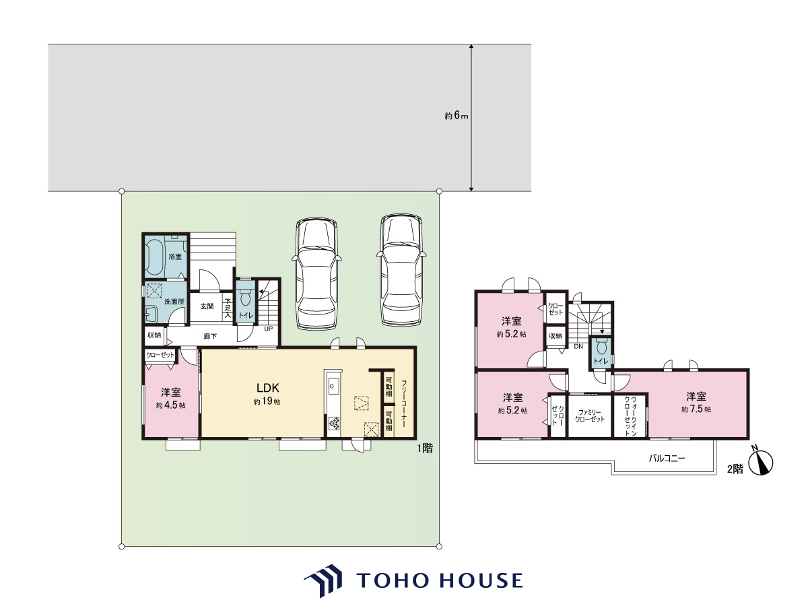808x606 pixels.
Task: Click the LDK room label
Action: pyautogui.click(x=267, y=388)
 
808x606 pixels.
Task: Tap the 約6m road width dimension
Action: pyautogui.click(x=457, y=116)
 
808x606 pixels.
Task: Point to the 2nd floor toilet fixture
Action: pyautogui.click(x=601, y=347)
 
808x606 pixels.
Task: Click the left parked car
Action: pyautogui.click(x=316, y=274)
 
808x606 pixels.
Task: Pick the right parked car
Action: pyautogui.click(x=401, y=271)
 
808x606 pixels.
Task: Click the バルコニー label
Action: pyautogui.click(x=667, y=459)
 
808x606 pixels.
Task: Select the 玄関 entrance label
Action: pyautogui.click(x=207, y=306)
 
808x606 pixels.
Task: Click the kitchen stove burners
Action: pyautogui.click(x=335, y=423)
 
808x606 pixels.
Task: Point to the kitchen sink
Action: pyautogui.click(x=333, y=386)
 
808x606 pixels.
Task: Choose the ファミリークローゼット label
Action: pyautogui.click(x=590, y=416)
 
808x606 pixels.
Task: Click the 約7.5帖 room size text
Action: pyautogui.click(x=696, y=409)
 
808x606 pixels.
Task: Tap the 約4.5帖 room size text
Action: pyautogui.click(x=170, y=405)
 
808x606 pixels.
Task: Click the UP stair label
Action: pyautogui.click(x=269, y=329)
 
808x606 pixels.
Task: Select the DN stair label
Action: pyautogui.click(x=578, y=346)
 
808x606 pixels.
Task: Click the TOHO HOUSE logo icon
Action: pyautogui.click(x=323, y=580)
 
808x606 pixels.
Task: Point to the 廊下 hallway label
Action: pyautogui.click(x=210, y=336)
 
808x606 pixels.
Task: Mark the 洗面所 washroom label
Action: pyautogui.click(x=174, y=302)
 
